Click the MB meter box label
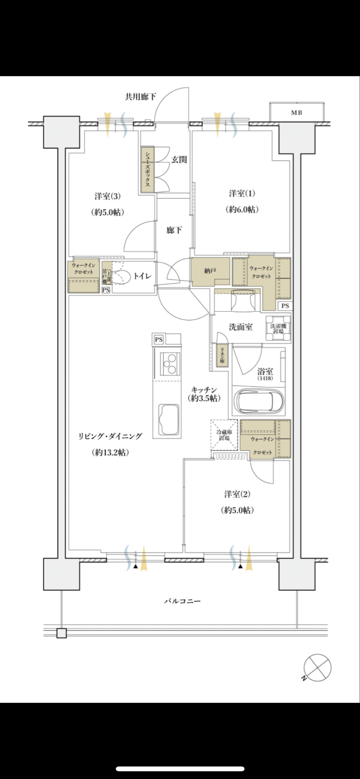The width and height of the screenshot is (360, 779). (x=297, y=113)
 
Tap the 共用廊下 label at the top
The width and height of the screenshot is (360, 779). (x=140, y=97)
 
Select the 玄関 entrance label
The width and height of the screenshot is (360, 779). (x=179, y=159)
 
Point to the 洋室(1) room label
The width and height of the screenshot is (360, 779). (x=242, y=194)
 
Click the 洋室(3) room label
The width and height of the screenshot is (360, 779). (x=108, y=196)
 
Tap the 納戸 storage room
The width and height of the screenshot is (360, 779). (x=210, y=271)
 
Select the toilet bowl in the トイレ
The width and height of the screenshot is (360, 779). (x=121, y=277)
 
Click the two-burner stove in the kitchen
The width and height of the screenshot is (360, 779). (x=169, y=364)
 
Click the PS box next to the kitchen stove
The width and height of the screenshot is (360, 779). (x=158, y=339)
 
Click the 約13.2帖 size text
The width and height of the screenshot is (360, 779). (x=110, y=452)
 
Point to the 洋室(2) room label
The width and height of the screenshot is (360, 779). (x=237, y=494)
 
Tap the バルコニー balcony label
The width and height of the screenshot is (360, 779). (x=182, y=601)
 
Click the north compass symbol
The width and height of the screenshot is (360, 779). (x=317, y=667)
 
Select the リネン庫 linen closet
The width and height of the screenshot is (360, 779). (x=222, y=356)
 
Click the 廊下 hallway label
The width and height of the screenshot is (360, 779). (x=174, y=230)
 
